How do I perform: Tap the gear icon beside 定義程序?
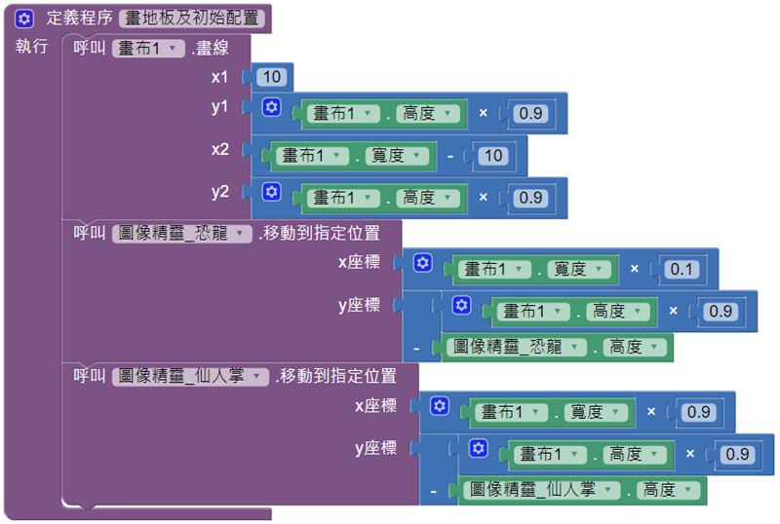[x=25, y=18]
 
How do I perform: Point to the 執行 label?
[x=31, y=47]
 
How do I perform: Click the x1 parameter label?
[x=220, y=76]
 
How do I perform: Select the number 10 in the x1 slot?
[x=272, y=76]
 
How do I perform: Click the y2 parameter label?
[x=220, y=192]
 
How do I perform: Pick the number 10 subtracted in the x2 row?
[x=493, y=156]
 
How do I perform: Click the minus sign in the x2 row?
[x=449, y=156]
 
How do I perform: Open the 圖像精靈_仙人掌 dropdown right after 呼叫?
[x=191, y=376]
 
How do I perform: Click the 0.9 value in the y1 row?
[x=530, y=114]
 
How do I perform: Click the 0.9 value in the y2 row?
[x=530, y=198]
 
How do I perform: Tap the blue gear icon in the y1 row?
[x=272, y=108]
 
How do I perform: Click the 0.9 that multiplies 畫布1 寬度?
[x=699, y=412]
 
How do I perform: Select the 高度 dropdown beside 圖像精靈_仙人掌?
[x=667, y=490]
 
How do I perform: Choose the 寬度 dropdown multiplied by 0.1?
[x=578, y=269]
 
